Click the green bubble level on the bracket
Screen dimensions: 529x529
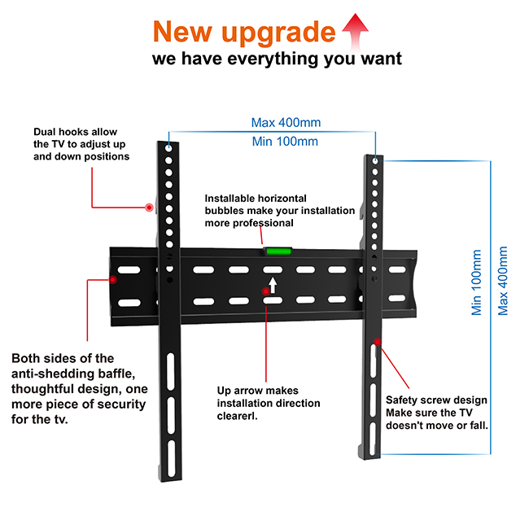click(x=275, y=248)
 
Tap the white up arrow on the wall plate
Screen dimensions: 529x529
click(x=274, y=284)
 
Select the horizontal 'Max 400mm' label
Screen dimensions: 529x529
click(x=286, y=123)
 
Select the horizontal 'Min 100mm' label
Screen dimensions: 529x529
click(x=285, y=142)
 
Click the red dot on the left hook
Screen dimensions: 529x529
click(x=149, y=208)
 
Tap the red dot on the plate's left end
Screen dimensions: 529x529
click(x=113, y=279)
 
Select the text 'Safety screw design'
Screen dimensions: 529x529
click(x=436, y=400)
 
